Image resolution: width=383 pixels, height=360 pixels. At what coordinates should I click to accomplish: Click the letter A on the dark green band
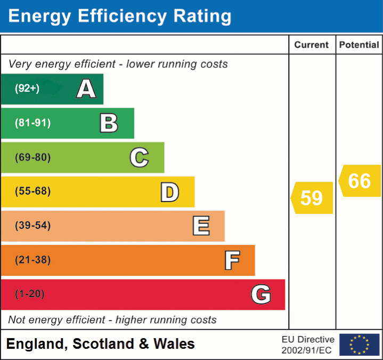coord(86,89)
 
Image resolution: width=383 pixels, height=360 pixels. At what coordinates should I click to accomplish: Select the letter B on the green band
coord(109,123)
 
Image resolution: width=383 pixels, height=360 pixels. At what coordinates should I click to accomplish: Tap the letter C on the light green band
coord(139,157)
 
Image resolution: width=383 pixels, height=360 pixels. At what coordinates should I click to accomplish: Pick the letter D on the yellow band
coord(169,192)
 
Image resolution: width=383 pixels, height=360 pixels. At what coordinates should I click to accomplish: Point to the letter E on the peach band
coord(200,226)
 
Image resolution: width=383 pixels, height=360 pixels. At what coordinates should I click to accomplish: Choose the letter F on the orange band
coord(231,260)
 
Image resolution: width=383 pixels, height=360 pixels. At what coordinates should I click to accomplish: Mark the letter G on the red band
coord(261,294)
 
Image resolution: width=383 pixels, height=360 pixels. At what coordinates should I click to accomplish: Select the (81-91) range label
coord(32,123)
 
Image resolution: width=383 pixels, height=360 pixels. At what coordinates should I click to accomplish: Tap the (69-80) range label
coord(32,157)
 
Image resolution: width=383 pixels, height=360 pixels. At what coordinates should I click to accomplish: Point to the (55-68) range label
coord(32,191)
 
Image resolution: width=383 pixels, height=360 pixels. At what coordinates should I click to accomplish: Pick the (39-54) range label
coord(32,226)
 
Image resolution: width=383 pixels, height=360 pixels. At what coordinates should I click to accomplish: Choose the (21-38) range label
coord(32,260)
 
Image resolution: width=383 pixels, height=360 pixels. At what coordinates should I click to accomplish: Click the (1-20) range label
coord(30,294)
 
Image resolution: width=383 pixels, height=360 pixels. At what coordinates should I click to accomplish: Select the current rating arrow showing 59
coord(312,198)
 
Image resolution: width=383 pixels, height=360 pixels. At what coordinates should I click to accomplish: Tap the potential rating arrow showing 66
coord(360,181)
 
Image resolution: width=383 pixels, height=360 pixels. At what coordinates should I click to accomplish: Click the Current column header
coord(312,45)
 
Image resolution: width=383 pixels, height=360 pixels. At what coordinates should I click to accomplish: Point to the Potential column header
coord(359,45)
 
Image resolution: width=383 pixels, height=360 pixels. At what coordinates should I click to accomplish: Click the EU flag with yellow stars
coord(359,345)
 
